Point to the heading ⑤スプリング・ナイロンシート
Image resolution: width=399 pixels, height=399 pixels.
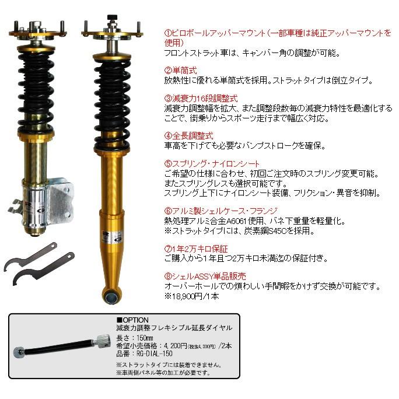211,164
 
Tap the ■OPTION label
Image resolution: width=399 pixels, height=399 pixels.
133,320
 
